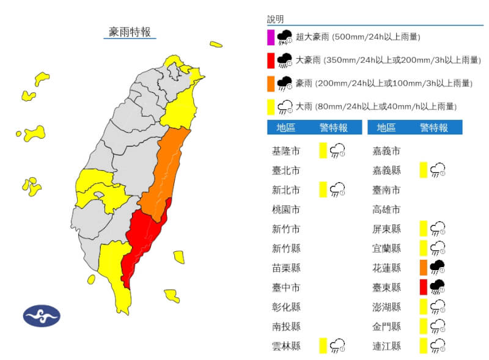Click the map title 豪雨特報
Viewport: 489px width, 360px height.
click(x=129, y=32)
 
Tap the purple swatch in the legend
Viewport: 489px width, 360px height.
click(x=271, y=37)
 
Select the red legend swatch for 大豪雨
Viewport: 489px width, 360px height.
click(x=271, y=61)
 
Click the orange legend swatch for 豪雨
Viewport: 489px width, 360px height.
click(x=271, y=83)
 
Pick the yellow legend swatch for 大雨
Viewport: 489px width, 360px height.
click(x=271, y=106)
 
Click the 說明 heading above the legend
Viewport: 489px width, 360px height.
click(x=276, y=20)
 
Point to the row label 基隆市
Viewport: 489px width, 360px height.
click(x=286, y=150)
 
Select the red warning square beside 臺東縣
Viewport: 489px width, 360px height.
click(x=424, y=287)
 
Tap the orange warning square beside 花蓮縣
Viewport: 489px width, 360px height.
click(x=424, y=268)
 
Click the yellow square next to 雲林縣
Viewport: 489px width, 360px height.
click(x=323, y=345)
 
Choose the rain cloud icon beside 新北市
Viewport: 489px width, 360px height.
click(x=338, y=190)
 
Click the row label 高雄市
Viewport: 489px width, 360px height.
click(x=386, y=210)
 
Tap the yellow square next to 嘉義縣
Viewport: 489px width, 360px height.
click(x=424, y=171)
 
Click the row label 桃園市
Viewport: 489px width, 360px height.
click(x=286, y=210)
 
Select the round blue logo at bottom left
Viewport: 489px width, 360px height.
click(x=42, y=316)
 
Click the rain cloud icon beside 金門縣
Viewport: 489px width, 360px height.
click(x=438, y=326)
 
